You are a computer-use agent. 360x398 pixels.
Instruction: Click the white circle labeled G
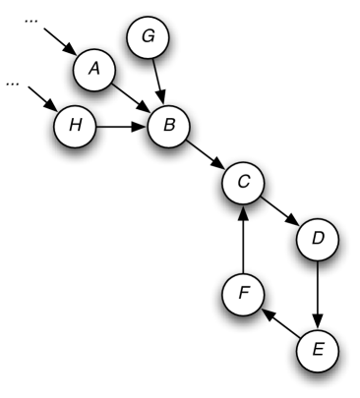point(149,37)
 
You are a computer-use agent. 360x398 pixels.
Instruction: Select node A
point(94,69)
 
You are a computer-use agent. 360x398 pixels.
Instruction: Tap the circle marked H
point(75,126)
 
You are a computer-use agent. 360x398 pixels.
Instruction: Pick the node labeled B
point(168,126)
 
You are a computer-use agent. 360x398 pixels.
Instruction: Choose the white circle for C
point(243,182)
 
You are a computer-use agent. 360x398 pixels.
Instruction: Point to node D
point(318,238)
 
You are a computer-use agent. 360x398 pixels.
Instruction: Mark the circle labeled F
point(243,294)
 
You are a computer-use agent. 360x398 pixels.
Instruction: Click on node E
point(318,349)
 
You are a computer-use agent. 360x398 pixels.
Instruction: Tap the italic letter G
point(149,37)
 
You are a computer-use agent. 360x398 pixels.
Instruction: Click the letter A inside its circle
point(94,69)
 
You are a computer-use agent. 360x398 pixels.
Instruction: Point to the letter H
point(75,126)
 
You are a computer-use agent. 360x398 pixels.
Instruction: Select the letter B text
point(168,126)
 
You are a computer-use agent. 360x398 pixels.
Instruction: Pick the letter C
point(243,182)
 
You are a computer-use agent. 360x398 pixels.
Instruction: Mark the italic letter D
point(318,238)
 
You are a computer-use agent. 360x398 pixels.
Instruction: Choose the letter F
point(243,294)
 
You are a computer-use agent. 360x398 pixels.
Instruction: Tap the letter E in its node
point(318,349)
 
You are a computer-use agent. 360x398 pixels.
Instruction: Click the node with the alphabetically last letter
point(75,126)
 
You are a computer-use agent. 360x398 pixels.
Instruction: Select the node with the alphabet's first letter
point(94,69)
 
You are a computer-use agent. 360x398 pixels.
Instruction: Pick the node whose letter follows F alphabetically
point(149,37)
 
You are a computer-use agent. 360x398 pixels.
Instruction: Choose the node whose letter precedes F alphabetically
point(318,349)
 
